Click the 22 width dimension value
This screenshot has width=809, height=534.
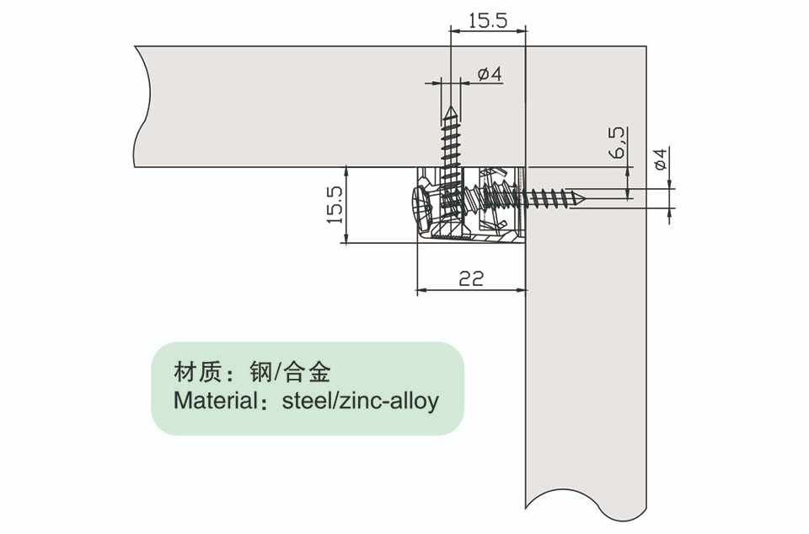(471, 279)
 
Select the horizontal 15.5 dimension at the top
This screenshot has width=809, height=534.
(488, 20)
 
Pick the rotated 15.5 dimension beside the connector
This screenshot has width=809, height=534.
(335, 205)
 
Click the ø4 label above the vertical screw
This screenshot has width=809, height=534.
(490, 74)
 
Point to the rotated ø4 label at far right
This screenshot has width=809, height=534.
(661, 159)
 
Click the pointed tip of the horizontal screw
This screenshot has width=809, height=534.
(584, 197)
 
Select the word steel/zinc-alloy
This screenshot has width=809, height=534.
(360, 401)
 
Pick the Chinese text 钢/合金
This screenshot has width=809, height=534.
(289, 372)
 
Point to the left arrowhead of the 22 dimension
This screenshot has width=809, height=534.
(421, 290)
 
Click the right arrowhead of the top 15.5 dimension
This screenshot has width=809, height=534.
(522, 30)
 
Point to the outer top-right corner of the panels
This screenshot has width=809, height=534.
(646, 46)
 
